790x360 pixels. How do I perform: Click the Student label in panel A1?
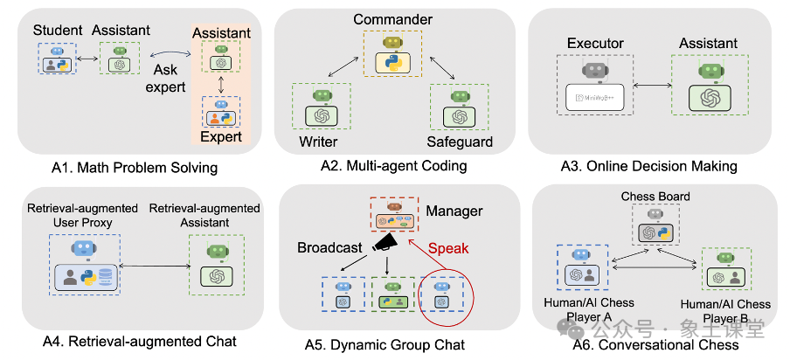pos(58,31)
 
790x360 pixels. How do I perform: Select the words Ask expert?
pos(171,78)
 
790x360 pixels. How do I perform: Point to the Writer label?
pos(318,142)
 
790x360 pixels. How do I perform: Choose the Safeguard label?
pos(459,142)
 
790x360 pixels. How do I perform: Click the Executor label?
pos(597,43)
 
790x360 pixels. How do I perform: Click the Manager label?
pos(454,211)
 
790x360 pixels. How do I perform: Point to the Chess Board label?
pos(655,197)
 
